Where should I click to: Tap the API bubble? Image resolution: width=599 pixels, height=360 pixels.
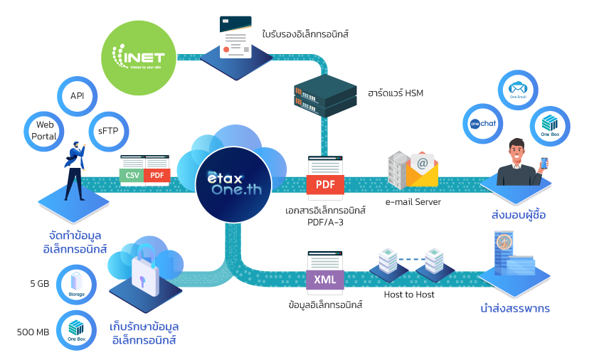(x=77, y=96)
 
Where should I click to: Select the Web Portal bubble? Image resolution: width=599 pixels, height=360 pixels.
(x=44, y=129)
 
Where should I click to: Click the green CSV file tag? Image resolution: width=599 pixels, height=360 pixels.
(x=132, y=175)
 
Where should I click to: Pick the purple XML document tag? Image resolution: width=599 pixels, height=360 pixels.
(x=325, y=279)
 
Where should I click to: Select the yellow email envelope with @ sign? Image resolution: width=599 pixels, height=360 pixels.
(x=421, y=171)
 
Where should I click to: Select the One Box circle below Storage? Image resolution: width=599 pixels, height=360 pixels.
(x=76, y=330)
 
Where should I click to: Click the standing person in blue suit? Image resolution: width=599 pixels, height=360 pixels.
(x=75, y=171)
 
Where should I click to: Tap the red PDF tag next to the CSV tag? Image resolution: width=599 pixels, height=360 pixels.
(x=157, y=175)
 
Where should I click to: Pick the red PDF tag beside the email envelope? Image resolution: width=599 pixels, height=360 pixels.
(x=325, y=184)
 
